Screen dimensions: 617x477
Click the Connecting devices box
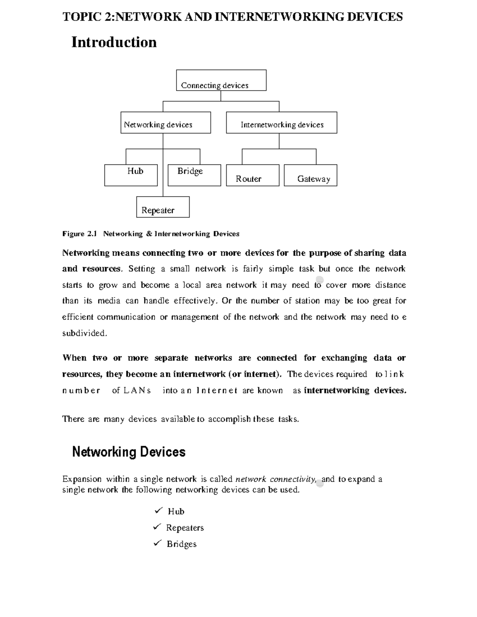tap(221, 80)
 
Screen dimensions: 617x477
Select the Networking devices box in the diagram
tap(165, 122)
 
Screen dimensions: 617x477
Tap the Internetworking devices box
tap(281, 122)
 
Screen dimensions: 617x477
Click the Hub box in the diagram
tap(131, 175)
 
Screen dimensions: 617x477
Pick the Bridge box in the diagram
tap(194, 175)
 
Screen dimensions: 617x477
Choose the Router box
tap(252, 176)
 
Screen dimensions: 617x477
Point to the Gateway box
tap(310, 176)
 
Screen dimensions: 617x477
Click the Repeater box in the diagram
tap(163, 207)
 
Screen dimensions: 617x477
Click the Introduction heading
tap(114, 42)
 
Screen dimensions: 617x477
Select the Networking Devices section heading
tap(129, 452)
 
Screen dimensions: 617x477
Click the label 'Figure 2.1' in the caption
tap(79, 234)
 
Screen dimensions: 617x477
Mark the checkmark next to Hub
tap(158, 510)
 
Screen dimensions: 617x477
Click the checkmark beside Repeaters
tap(157, 527)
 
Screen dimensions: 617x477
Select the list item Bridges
tap(181, 544)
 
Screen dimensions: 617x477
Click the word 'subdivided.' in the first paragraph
tap(85, 333)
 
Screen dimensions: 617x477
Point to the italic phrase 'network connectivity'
tap(276, 479)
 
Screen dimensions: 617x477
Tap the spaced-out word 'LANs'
tap(137, 391)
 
